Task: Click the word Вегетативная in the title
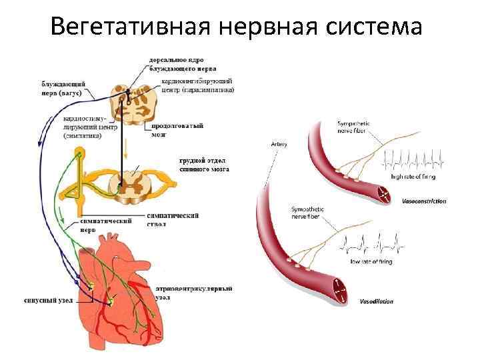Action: coord(127,27)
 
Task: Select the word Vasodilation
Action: coord(377,301)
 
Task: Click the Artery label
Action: coord(279,145)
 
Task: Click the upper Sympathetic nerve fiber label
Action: coord(355,127)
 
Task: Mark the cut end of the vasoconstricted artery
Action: coord(385,195)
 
